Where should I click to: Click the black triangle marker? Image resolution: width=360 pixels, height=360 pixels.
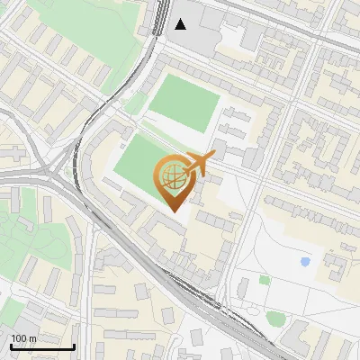coord(182,24)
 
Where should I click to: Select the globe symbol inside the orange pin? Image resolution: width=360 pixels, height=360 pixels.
coord(171,175)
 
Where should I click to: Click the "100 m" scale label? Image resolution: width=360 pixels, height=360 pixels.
coord(23,337)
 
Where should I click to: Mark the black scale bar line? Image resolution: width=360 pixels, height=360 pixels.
coord(42,346)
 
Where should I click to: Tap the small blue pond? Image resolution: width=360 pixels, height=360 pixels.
coord(305,262)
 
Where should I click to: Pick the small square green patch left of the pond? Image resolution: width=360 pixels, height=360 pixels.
coord(265,280)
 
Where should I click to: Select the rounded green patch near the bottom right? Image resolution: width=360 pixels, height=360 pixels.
coord(276,318)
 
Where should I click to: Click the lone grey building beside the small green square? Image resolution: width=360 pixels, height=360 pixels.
coord(243,288)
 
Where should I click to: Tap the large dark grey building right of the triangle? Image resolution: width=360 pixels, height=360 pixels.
coord(216,27)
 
